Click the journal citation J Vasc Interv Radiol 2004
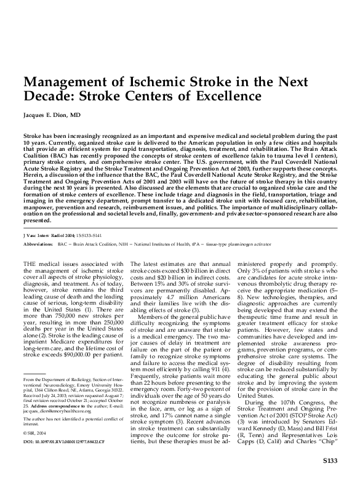(51, 252)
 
